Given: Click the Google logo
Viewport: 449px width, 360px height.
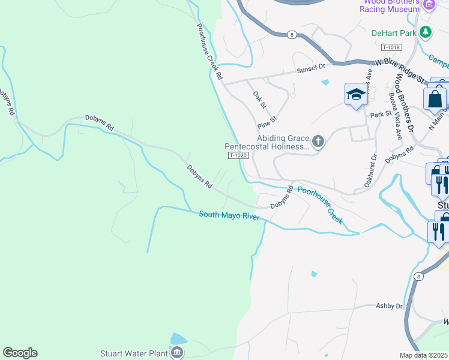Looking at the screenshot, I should click(x=20, y=353).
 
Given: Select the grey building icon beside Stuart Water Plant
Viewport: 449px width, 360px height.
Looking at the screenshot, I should click(x=177, y=353).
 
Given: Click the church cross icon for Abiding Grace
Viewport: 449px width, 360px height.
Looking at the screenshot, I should click(x=318, y=142).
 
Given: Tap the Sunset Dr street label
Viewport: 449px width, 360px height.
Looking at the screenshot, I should click(x=311, y=70).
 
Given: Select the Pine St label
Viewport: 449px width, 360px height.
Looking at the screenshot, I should click(x=266, y=123).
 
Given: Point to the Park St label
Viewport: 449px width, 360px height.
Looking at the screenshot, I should click(x=381, y=113).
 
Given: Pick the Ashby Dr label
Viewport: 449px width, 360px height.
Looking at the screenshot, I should click(x=389, y=306).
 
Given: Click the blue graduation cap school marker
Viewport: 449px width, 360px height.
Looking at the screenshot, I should click(x=356, y=95).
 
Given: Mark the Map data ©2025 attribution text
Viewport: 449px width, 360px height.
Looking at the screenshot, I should click(x=424, y=355).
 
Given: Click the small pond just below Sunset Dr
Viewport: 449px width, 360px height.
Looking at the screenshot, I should click(x=325, y=82).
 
